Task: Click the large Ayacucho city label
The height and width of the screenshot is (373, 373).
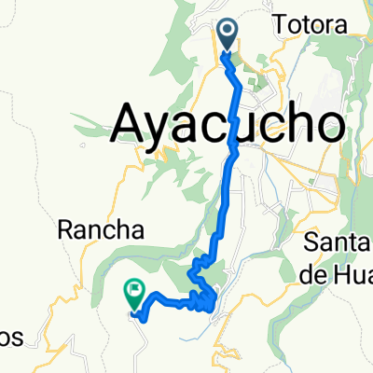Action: (x=227, y=122)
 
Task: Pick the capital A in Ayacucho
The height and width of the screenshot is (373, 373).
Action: (x=130, y=122)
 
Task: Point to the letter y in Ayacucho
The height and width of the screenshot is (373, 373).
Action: (x=165, y=129)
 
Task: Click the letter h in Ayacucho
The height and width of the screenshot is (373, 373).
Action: (x=290, y=122)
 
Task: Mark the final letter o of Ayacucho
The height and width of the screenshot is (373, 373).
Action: (x=323, y=125)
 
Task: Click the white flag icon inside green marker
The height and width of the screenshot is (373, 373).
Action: (x=134, y=292)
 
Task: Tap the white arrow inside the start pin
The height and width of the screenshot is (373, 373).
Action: (x=228, y=34)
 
